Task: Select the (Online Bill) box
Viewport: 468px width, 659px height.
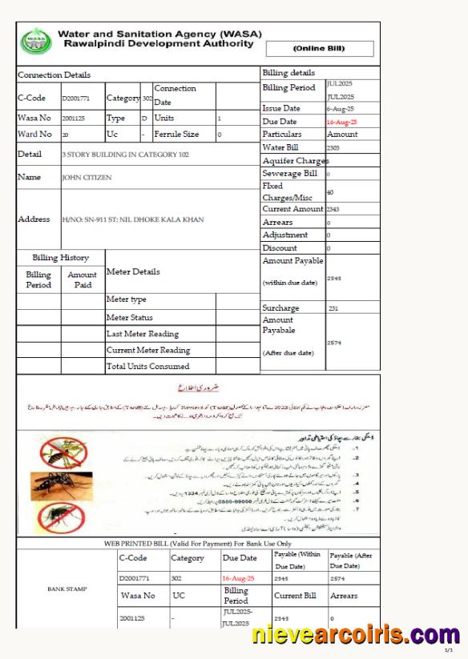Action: [x=319, y=49]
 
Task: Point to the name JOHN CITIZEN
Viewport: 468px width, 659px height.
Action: [x=87, y=178]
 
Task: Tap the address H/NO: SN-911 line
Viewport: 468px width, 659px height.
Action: [x=132, y=219]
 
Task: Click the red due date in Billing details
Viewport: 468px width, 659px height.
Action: [x=341, y=122]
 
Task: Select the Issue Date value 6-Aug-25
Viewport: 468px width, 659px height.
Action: [x=341, y=108]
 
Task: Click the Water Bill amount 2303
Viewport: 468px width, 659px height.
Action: [x=333, y=148]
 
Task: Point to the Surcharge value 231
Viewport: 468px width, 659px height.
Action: [x=334, y=307]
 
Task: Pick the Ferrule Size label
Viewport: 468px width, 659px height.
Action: [x=176, y=135]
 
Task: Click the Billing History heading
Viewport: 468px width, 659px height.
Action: [x=60, y=258]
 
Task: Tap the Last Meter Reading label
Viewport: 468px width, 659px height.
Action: [x=143, y=334]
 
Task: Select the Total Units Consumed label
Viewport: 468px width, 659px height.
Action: [x=148, y=367]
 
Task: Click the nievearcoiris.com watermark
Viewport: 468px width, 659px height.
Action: [x=355, y=636]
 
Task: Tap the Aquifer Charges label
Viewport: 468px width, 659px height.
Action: [x=295, y=161]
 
